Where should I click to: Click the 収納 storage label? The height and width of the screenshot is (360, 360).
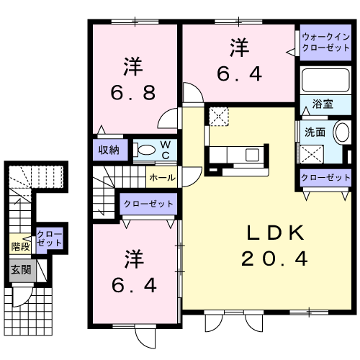(109, 150)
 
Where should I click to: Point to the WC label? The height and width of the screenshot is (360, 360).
(165, 150)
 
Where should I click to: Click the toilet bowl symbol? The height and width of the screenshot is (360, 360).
(145, 150)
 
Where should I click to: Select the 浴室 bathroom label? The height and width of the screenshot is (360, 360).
(322, 105)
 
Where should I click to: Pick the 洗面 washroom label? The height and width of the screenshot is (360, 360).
(314, 132)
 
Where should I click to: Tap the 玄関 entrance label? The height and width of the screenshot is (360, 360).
(19, 270)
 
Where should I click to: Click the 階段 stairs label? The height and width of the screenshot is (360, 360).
(20, 246)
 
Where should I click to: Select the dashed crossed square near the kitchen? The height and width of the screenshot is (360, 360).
(217, 114)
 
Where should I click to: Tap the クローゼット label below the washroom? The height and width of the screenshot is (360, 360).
(325, 177)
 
